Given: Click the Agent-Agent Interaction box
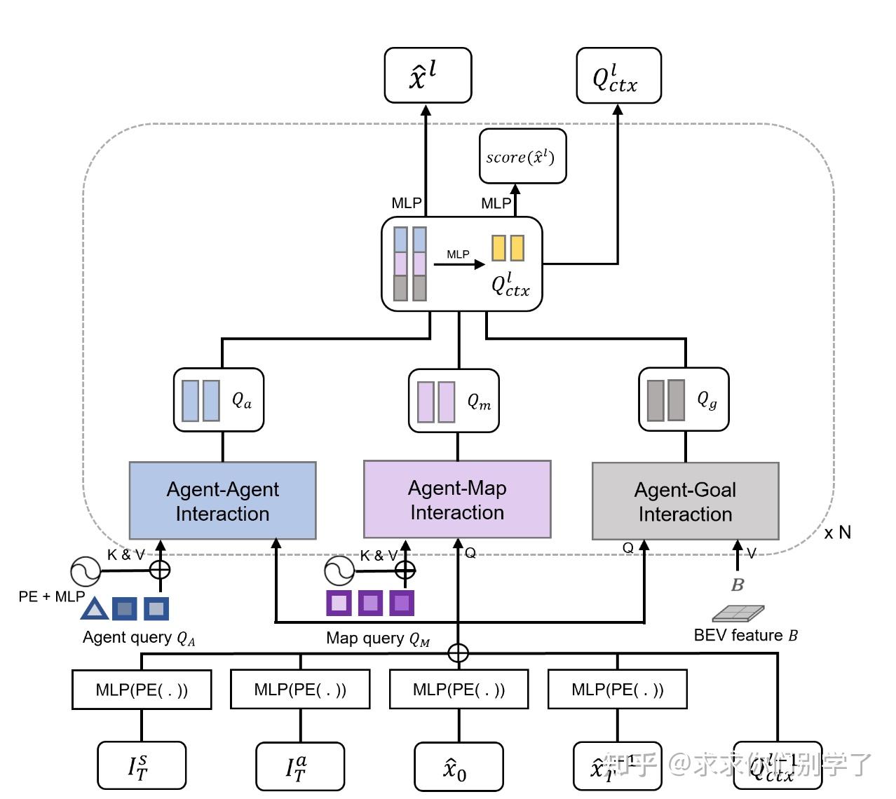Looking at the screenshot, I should (222, 500).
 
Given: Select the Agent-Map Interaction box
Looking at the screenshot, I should (457, 499).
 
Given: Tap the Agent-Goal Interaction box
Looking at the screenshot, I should (685, 501).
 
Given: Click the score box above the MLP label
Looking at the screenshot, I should (522, 156).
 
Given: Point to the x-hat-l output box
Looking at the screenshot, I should (428, 75).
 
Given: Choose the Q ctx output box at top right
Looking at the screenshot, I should (618, 76).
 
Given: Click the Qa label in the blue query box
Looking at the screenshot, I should (242, 400).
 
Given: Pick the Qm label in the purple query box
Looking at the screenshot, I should (479, 402).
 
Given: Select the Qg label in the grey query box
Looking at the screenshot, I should (707, 400).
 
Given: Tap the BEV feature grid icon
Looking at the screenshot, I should (738, 613).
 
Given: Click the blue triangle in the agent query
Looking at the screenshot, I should (95, 608).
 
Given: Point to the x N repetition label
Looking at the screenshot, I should (837, 533).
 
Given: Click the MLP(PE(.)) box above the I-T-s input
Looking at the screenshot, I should (142, 690).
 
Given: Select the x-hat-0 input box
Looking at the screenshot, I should (459, 767).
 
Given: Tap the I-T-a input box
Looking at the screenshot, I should (300, 767).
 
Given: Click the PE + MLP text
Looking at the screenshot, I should (51, 596).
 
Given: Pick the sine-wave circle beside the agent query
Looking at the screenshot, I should (86, 571).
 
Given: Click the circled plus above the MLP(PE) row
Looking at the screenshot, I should (458, 653).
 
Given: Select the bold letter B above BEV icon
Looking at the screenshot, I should (737, 585).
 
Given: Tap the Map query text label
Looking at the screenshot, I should (377, 638).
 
